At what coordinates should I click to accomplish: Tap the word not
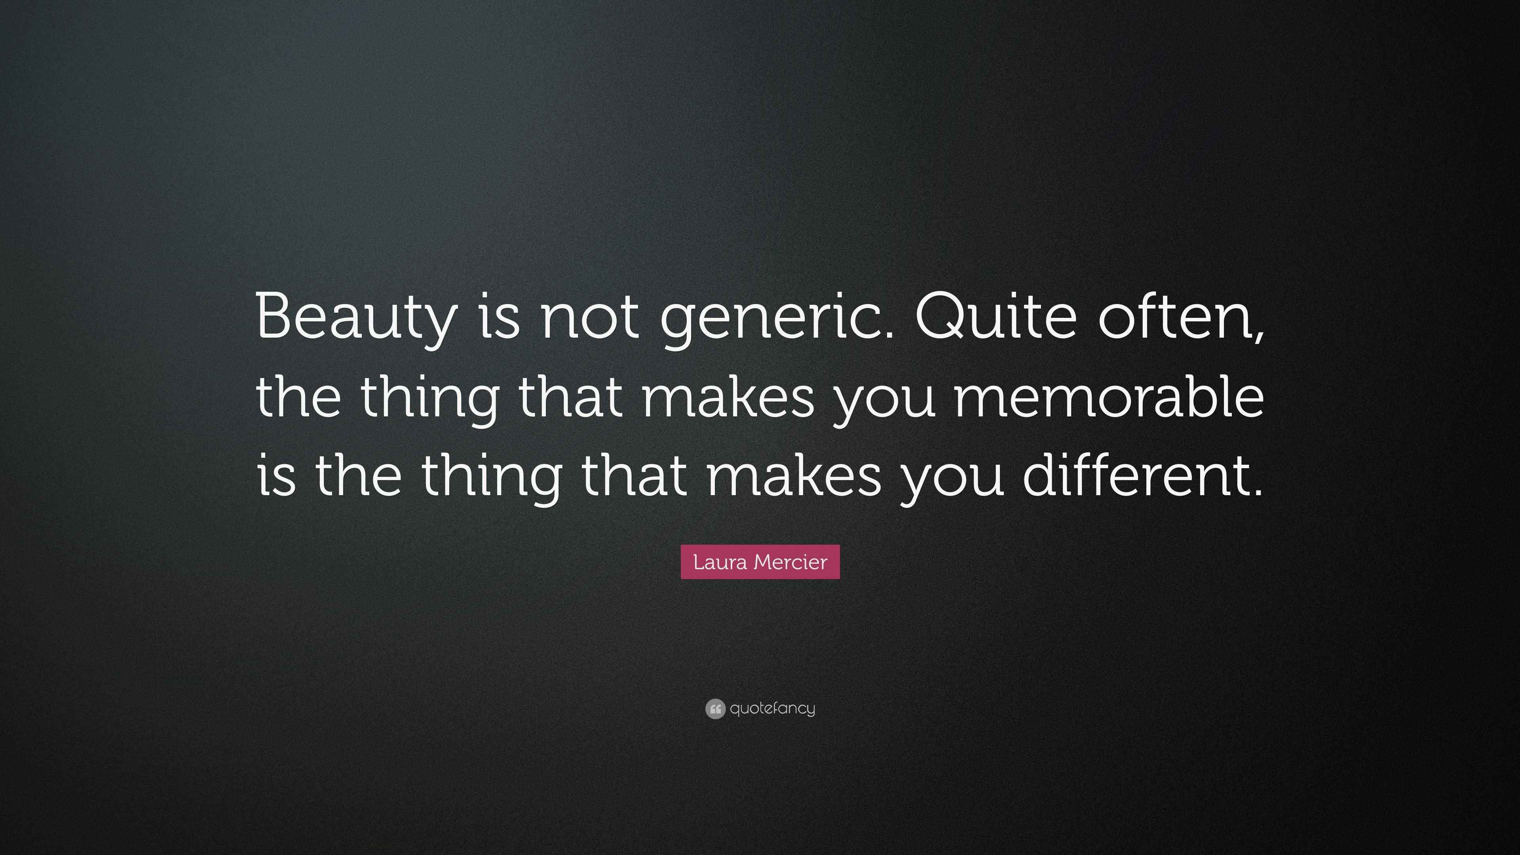click(x=589, y=319)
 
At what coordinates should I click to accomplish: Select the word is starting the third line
click(x=275, y=475)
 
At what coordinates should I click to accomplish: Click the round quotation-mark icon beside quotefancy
click(x=715, y=709)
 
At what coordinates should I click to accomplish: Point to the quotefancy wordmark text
click(x=772, y=708)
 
